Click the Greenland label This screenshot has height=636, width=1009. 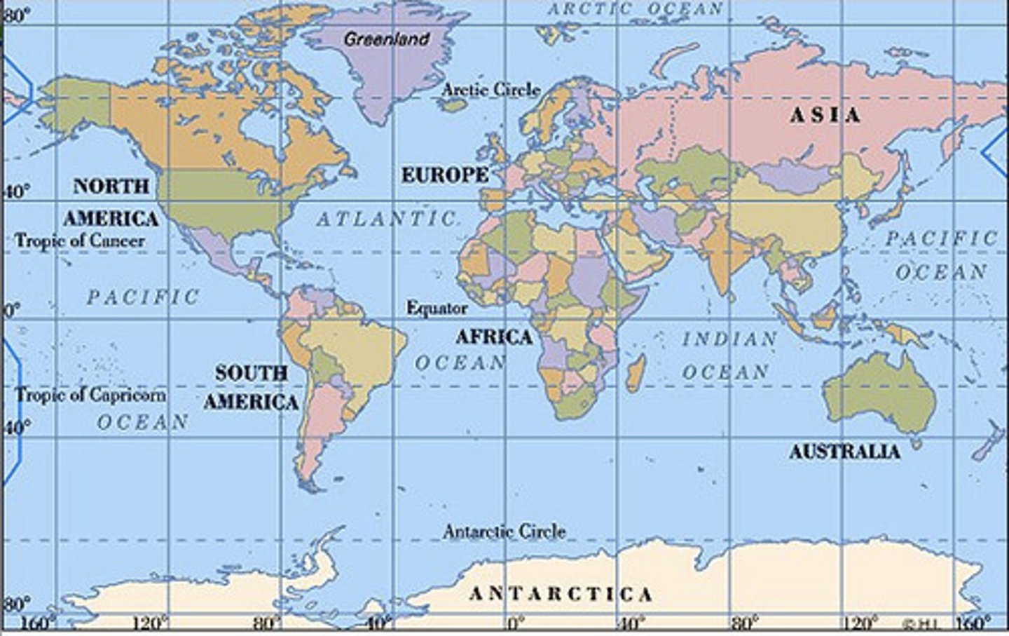pos(386,39)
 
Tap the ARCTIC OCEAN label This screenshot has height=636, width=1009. pos(635,9)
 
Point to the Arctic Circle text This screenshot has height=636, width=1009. pos(491,90)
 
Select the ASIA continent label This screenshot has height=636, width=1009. pos(825,116)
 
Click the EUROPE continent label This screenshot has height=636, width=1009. pos(444,175)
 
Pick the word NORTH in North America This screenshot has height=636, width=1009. pos(111,187)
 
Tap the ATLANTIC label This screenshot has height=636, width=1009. pos(387,219)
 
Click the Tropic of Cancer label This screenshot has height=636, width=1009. pos(80,241)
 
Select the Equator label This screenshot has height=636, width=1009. pos(437,308)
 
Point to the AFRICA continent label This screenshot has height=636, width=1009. pos(494,337)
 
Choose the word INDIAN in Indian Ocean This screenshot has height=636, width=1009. pos(729,339)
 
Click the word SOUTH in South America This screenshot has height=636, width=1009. pos(251,373)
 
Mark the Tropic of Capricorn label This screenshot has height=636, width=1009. pos(91,395)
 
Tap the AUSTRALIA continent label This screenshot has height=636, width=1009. pos(844,452)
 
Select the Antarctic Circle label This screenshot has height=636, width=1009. pos(504,532)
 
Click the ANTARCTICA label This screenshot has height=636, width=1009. pos(561,595)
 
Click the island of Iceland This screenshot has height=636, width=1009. pos(456,105)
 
